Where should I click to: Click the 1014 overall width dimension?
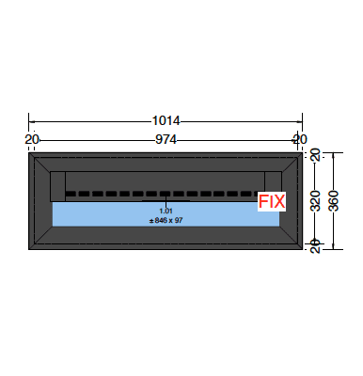pyautogui.click(x=166, y=121)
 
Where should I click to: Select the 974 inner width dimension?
pyautogui.click(x=166, y=139)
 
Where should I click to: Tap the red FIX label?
pyautogui.click(x=271, y=201)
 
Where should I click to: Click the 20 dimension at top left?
pyautogui.click(x=32, y=139)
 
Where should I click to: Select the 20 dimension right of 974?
pyautogui.click(x=299, y=139)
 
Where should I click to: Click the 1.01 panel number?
pyautogui.click(x=166, y=211)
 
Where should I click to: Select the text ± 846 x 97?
pyautogui.click(x=166, y=220)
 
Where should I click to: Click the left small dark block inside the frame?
pyautogui.click(x=57, y=185)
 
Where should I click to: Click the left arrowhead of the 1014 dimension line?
pyautogui.click(x=31, y=121)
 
